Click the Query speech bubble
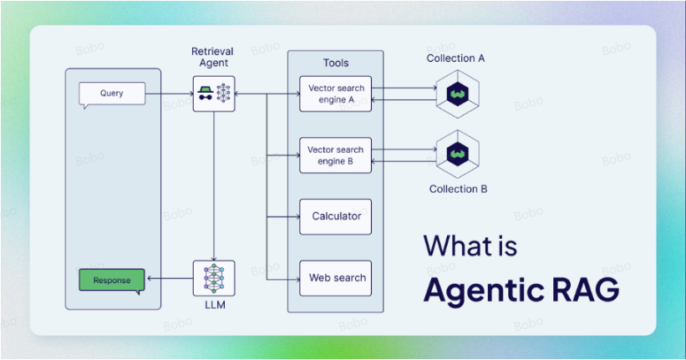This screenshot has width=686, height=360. tap(111, 94)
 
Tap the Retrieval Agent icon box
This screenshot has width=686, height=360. tap(213, 94)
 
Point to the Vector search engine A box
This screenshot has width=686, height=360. tap(335, 94)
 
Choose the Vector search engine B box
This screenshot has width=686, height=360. tap(335, 155)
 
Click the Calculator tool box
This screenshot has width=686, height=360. tap(335, 216)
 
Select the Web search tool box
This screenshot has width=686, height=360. tap(335, 278)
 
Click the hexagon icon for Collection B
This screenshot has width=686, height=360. tap(456, 154)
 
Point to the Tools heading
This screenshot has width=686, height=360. tap(336, 63)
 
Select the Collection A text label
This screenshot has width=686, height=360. tap(455, 58)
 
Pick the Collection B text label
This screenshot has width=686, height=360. tap(458, 189)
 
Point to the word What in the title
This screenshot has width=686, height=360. tap(456, 246)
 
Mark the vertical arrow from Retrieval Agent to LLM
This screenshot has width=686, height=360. tap(214, 184)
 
